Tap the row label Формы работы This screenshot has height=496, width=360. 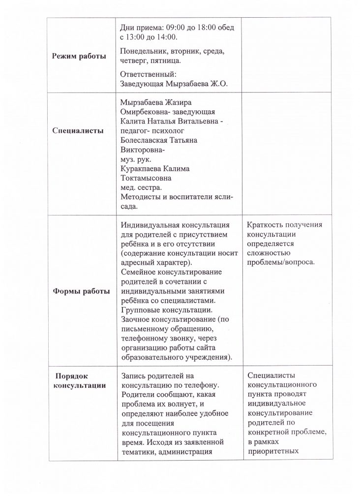coord(81,291)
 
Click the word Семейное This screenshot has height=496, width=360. coord(139,272)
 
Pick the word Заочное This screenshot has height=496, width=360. coord(137,319)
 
